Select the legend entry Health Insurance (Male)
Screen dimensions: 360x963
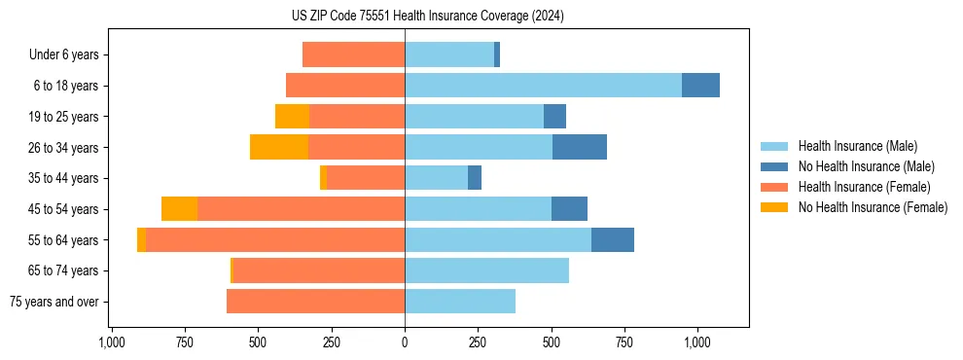857,146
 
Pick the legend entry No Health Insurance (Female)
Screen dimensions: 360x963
872,207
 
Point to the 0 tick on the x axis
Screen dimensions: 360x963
405,342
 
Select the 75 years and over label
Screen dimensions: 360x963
53,302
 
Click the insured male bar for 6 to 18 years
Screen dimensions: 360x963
543,86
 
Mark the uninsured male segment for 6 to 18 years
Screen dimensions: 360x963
700,86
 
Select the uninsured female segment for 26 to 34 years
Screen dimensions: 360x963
279,147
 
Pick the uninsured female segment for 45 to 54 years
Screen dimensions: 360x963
179,209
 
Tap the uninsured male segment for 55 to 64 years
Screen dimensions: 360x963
613,239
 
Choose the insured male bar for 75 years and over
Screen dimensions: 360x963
460,302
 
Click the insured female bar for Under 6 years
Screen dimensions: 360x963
353,54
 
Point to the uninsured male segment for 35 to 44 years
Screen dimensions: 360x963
475,178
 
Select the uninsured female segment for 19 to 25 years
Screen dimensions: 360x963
292,117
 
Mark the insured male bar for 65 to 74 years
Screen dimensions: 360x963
486,270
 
